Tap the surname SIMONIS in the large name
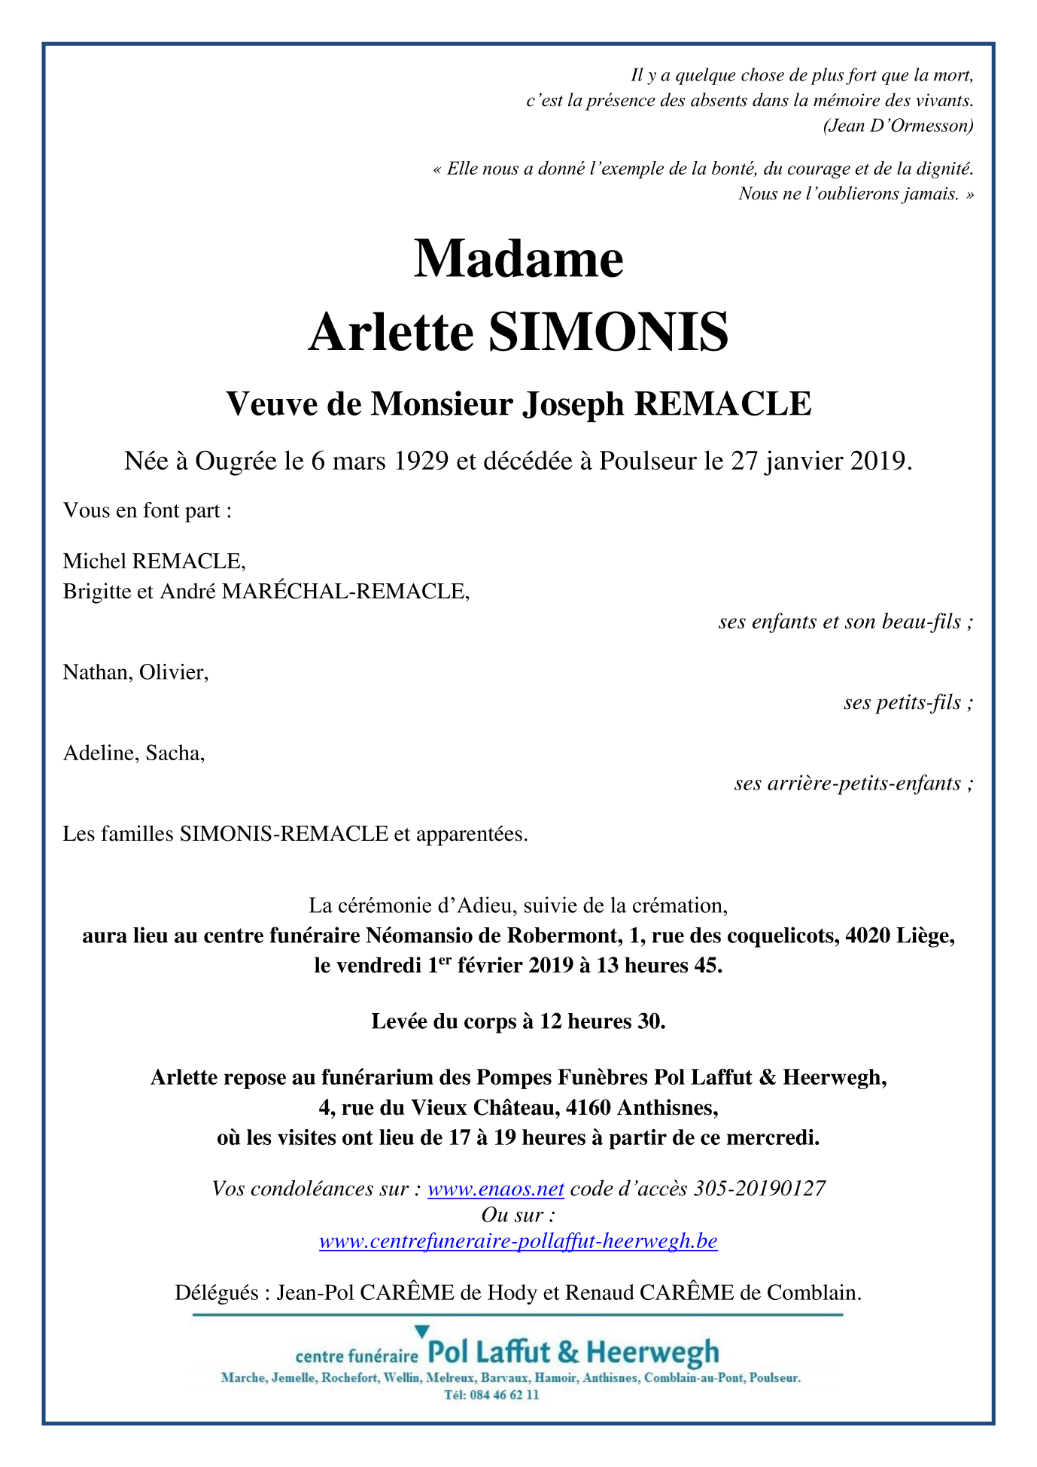pyautogui.click(x=608, y=332)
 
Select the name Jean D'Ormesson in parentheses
pyautogui.click(x=898, y=126)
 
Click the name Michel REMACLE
pyautogui.click(x=154, y=561)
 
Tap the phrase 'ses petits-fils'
pyautogui.click(x=902, y=703)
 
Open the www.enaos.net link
pyautogui.click(x=495, y=1189)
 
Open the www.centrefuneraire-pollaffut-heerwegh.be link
pyautogui.click(x=518, y=1240)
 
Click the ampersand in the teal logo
pyautogui.click(x=569, y=1353)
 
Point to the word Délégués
pyautogui.click(x=217, y=1292)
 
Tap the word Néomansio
pyautogui.click(x=412, y=936)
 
